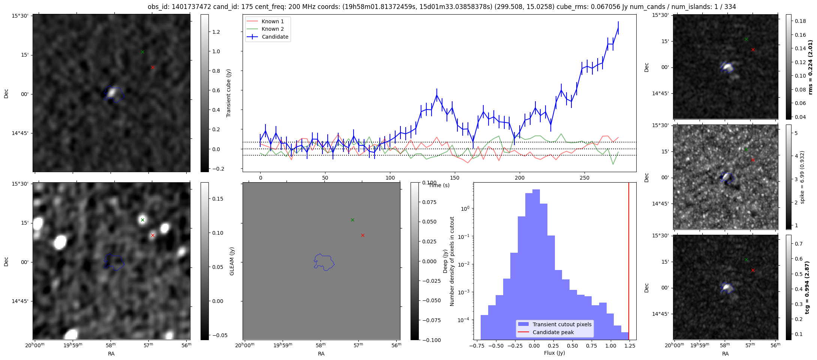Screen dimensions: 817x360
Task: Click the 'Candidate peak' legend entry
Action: pos(553,332)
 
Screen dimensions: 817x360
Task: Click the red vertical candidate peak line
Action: pos(629,261)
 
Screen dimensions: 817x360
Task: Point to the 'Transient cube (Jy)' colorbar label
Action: pos(229,93)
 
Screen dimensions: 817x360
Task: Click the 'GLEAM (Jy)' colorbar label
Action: pos(232,261)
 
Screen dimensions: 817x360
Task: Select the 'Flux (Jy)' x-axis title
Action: pos(555,353)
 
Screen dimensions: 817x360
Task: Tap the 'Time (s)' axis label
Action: pos(439,185)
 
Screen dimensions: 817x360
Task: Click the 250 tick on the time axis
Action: pos(585,178)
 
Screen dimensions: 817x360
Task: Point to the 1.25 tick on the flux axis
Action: pos(630,346)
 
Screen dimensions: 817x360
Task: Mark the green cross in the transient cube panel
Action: pos(142,52)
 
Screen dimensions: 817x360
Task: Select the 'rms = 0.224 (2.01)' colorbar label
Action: pos(810,67)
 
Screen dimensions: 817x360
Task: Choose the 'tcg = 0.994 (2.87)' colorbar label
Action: pos(807,287)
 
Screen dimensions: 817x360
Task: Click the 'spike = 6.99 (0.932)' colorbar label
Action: pos(802,177)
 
